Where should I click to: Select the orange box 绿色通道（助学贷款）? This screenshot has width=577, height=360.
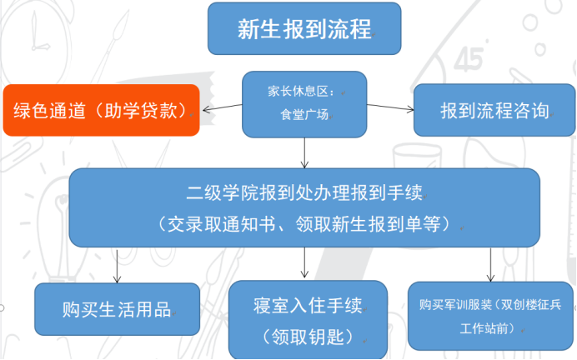click(101, 110)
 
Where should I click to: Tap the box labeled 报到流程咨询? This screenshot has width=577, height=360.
click(494, 110)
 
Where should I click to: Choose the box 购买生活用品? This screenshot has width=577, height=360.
click(117, 309)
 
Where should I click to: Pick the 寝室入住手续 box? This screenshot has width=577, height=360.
click(308, 320)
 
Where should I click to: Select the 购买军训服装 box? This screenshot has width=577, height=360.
click(490, 315)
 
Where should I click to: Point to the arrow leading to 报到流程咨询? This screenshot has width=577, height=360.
click(390, 107)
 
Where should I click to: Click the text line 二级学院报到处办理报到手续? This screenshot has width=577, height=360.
click(305, 193)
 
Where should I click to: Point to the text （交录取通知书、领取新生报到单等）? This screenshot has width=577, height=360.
click(305, 223)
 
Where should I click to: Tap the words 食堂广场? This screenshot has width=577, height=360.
click(304, 116)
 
